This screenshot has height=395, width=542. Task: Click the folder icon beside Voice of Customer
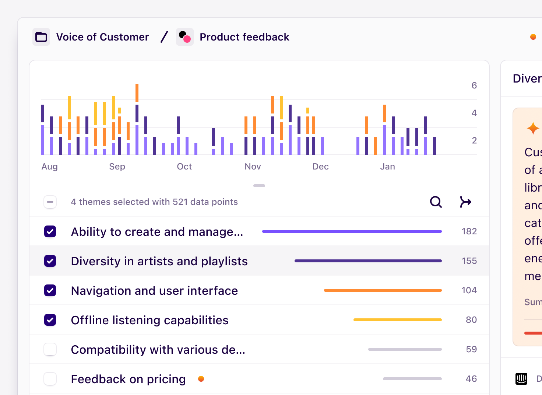tap(41, 37)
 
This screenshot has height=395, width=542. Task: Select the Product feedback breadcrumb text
tap(244, 37)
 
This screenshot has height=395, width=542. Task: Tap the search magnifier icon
tap(436, 202)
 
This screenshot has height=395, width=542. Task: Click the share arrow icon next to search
tap(465, 202)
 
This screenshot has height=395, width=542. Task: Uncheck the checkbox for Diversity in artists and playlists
tap(50, 261)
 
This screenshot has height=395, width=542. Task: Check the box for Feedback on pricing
tap(50, 379)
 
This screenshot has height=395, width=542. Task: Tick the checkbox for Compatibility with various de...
tap(50, 349)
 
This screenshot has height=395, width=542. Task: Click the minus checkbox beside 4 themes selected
tap(50, 202)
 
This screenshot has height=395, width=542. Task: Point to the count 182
tap(469, 231)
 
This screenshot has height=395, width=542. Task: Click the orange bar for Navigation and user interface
tap(383, 290)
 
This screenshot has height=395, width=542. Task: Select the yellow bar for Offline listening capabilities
tap(397, 320)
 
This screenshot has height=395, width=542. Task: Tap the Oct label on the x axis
tap(184, 167)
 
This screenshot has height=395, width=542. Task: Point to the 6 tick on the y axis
tap(474, 85)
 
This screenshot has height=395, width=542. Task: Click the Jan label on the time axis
tap(387, 167)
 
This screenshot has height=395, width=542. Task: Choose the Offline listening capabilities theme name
tap(149, 320)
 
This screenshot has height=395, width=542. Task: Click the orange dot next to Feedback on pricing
tap(201, 379)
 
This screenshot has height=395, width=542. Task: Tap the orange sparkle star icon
tap(533, 128)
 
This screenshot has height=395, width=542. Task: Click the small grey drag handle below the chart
tap(259, 186)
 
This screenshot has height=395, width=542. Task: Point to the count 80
tap(471, 320)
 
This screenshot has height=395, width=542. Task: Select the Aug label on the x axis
tap(50, 167)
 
